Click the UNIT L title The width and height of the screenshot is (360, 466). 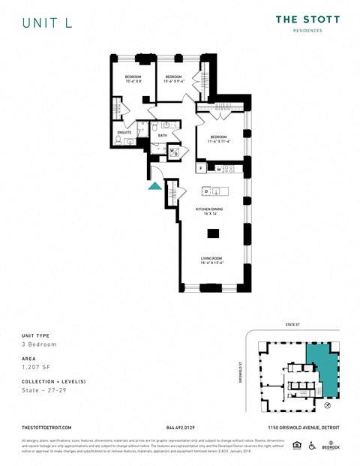coord(47,23)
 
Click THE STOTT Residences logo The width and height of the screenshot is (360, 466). coord(307,23)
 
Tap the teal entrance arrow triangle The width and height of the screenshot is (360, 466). coord(154,185)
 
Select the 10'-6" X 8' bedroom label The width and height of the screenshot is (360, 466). coord(133,80)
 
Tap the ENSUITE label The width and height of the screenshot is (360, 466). coord(124,133)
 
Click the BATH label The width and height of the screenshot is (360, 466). coord(162,136)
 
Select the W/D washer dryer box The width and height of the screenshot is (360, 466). coord(173,152)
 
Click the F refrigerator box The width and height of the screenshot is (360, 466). coord(201,169)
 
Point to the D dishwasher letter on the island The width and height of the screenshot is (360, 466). coord(206,191)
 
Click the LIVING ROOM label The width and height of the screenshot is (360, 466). coord(211,260)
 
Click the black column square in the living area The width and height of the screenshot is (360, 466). coord(211,233)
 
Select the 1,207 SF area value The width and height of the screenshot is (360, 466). coord(34,368)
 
